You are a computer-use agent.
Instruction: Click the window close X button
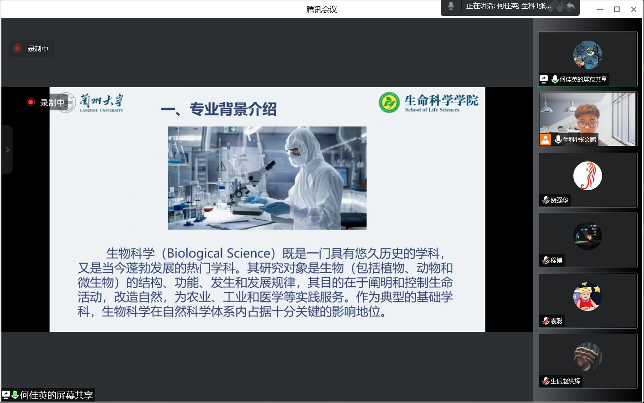tap(634, 10)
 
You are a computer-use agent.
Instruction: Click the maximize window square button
tap(617, 10)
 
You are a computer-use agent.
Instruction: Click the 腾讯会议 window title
tap(321, 10)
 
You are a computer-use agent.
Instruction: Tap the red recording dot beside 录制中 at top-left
tap(17, 48)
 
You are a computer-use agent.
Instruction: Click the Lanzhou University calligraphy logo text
tap(102, 103)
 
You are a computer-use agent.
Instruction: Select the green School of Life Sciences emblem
tap(389, 103)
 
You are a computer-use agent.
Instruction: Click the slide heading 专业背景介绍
tap(233, 109)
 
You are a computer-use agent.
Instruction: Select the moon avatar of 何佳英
tap(587, 55)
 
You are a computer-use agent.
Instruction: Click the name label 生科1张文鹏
tap(579, 139)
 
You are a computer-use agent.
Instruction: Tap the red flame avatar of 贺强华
tap(587, 176)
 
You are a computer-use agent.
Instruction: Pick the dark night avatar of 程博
tap(587, 236)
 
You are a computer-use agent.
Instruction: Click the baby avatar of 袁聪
tap(587, 296)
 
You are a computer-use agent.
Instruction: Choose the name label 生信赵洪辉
tap(565, 381)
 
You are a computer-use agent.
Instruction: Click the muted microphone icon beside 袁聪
tap(546, 321)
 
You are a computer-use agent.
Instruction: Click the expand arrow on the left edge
tap(7, 150)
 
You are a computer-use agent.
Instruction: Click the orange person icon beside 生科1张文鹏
tap(545, 140)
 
